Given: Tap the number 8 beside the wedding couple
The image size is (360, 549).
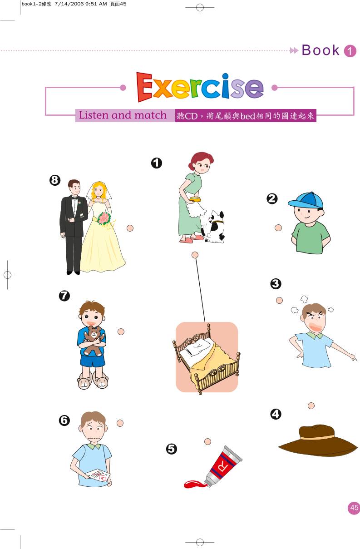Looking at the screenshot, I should [x=54, y=181].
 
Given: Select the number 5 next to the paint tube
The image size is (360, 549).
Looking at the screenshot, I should [x=171, y=449].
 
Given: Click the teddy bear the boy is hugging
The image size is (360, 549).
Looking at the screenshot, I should [x=93, y=340].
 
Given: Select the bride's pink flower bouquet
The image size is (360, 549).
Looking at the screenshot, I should [x=104, y=218].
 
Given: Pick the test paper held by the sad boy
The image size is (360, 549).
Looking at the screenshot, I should [x=98, y=475].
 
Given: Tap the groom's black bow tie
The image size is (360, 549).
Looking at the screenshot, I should [x=74, y=198].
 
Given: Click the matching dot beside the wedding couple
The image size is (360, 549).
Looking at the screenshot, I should [x=130, y=228].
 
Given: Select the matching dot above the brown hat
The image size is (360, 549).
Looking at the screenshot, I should [x=311, y=406].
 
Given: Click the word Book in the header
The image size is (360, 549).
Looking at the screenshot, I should [x=321, y=50].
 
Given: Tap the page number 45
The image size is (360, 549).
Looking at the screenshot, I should [x=354, y=508].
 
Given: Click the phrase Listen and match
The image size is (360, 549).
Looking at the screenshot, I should [x=123, y=115].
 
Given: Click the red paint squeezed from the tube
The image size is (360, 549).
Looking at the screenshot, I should [x=194, y=485].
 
